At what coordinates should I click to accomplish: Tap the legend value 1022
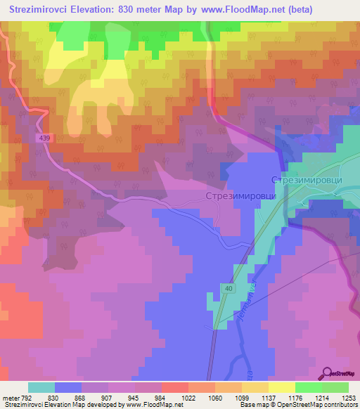[188, 397]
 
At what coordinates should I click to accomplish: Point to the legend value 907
[108, 397]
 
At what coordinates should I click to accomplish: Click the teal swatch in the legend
[41, 387]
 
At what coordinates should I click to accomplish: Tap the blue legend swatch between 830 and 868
[68, 387]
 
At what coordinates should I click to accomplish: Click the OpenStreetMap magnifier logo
[328, 374]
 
